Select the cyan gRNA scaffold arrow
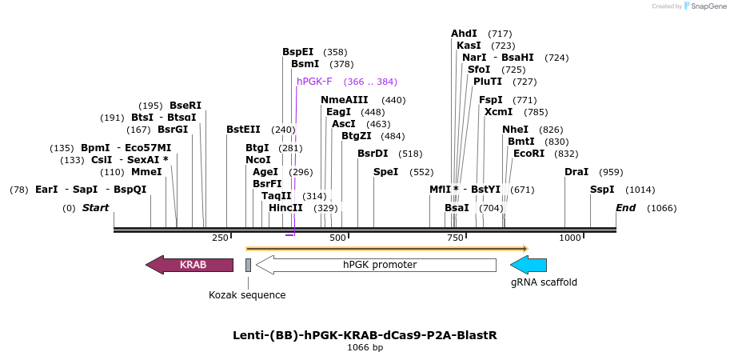point(529,265)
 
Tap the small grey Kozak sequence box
point(248,265)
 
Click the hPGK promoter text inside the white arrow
point(380,265)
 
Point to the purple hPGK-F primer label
point(314,82)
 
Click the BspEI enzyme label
point(297,52)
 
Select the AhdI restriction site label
point(464,34)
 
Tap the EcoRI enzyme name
point(529,154)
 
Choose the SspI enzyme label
point(602,190)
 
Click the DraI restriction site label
point(576,172)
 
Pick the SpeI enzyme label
point(386,172)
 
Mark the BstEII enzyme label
point(243,130)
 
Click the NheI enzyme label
point(515,130)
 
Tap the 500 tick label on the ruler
point(337,238)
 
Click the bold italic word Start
point(95,208)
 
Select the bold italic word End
point(625,208)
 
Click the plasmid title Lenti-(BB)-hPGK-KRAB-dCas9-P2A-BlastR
point(365,335)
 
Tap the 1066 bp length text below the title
point(365,348)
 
